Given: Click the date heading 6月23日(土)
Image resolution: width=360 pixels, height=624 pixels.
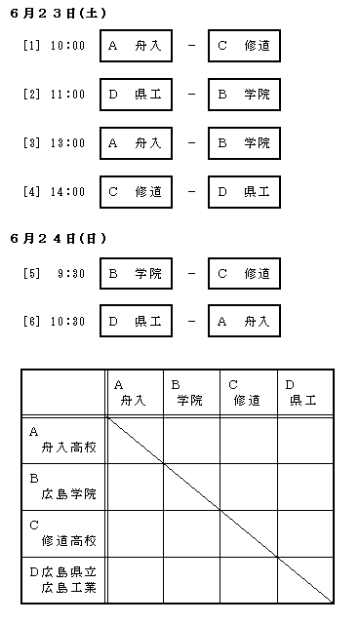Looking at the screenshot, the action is (59, 14).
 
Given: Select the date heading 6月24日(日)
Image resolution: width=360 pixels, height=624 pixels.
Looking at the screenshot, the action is (59, 239).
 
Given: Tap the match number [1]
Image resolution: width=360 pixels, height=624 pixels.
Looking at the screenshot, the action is (32, 46).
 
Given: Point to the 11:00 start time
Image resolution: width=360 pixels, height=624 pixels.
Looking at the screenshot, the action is (67, 95).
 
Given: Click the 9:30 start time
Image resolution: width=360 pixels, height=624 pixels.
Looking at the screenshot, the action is (71, 274).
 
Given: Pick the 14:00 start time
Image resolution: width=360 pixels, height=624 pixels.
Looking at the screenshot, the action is (67, 192).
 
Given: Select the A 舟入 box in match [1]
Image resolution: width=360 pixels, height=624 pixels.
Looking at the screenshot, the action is (136, 46).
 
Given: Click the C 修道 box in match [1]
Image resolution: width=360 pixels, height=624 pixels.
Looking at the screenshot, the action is (244, 46).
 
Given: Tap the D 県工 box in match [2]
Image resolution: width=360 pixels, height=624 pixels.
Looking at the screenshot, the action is (136, 95).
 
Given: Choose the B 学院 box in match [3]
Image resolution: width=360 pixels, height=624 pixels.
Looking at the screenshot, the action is (244, 143).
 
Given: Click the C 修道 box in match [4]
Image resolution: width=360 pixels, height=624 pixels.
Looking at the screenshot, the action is (136, 192).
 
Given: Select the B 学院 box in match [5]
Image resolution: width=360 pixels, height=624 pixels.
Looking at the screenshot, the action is (136, 274).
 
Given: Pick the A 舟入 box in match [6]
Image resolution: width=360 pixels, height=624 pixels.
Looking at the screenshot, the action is (244, 321).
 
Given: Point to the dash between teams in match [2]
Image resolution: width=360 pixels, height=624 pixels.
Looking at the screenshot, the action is (191, 95).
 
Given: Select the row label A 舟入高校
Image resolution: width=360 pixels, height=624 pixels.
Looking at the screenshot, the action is (62, 440).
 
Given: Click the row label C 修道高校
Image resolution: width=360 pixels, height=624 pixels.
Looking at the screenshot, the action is (62, 533).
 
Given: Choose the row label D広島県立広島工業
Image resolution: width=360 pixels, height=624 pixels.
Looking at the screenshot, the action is (62, 580).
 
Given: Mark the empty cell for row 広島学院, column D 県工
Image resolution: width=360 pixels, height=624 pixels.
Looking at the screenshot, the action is (305, 487).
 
